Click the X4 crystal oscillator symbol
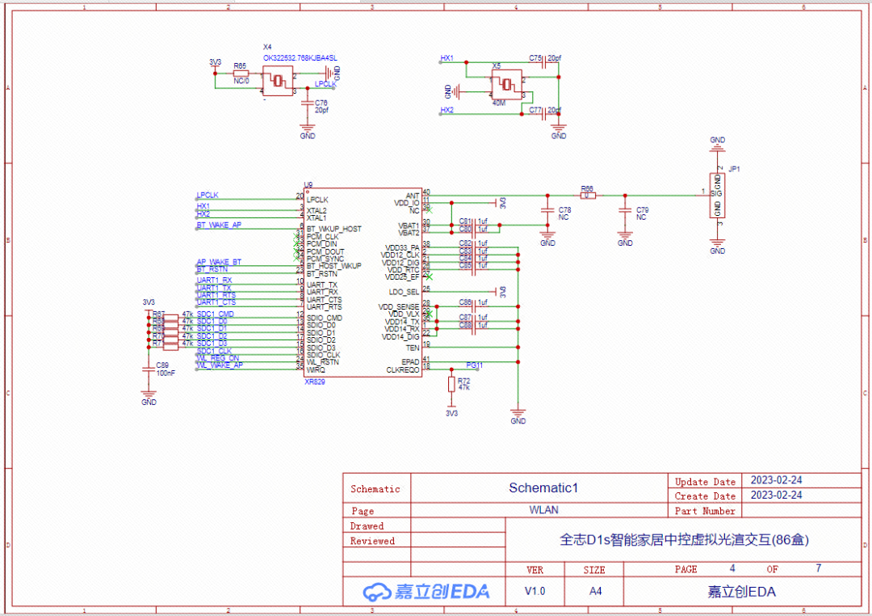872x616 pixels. pos(278,80)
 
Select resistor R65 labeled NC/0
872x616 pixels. pos(241,74)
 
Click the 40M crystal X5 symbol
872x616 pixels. pos(507,84)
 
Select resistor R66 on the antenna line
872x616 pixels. pos(588,195)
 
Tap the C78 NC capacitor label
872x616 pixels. pos(564,213)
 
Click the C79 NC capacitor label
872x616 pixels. pos(641,213)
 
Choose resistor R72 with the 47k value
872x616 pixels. pos(452,383)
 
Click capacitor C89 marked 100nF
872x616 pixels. pos(149,369)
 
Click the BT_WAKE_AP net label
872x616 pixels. pos(219,225)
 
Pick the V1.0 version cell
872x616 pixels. pos(535,591)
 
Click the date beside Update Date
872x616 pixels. pos(776,480)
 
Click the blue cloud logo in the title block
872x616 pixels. pos(376,592)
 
